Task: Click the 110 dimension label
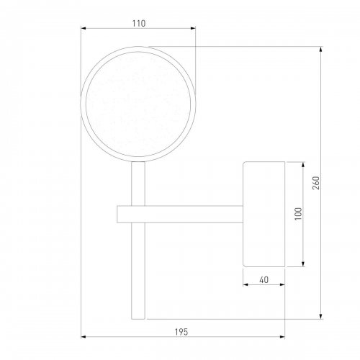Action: [x=139, y=24]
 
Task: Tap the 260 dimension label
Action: [x=316, y=183]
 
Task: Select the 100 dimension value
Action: [x=298, y=214]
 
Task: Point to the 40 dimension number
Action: [x=264, y=280]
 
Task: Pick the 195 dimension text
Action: [x=181, y=332]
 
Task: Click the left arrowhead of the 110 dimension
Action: [x=84, y=28]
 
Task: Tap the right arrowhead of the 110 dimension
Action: [x=193, y=28]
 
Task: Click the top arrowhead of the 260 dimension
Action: [x=321, y=49]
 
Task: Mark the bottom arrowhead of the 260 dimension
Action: [x=321, y=317]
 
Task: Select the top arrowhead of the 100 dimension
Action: [x=303, y=164]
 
